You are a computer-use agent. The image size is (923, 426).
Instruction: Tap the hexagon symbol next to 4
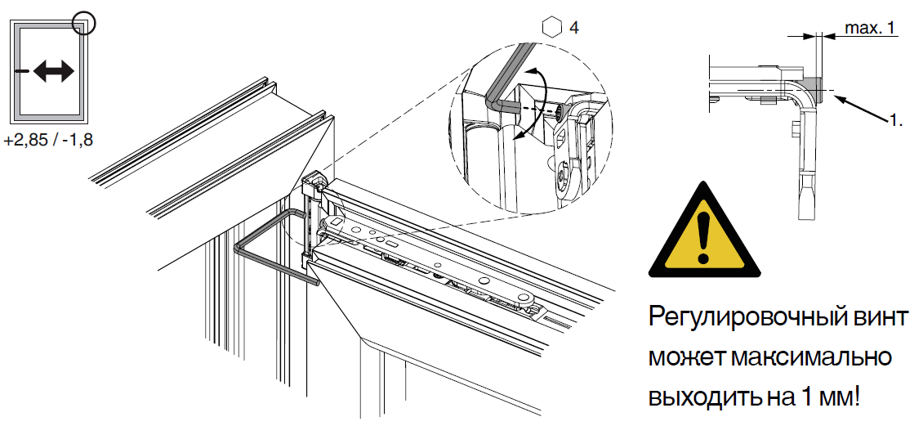point(551,27)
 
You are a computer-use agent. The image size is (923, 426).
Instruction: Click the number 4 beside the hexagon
point(574,27)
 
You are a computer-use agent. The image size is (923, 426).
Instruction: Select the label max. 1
point(869,27)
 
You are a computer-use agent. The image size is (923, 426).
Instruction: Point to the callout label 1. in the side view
point(895,120)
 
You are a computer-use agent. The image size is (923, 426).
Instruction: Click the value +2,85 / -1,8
point(48,141)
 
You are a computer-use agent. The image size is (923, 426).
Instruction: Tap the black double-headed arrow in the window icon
point(54,71)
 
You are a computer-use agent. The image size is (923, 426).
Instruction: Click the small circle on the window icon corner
point(84,23)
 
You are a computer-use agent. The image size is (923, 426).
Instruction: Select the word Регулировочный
point(742,319)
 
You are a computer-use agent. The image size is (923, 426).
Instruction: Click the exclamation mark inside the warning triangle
point(703,234)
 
